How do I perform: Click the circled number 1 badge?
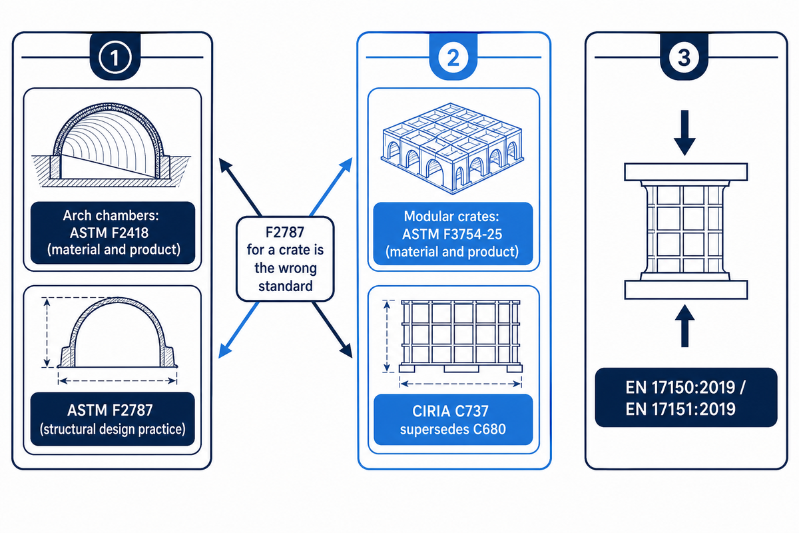point(115,57)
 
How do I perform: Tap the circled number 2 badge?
point(453,57)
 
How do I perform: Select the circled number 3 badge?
point(684,57)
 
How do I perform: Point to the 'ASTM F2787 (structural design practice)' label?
point(113,419)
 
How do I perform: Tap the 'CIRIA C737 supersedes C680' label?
point(453,420)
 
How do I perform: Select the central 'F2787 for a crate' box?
point(285,259)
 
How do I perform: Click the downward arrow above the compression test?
point(684,133)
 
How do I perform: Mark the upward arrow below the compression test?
point(684,326)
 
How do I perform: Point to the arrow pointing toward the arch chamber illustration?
point(240,187)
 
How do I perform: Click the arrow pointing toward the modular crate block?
point(331,187)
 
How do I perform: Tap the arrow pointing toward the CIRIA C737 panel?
point(332,330)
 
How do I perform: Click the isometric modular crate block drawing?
point(452,149)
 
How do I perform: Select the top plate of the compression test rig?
point(686,172)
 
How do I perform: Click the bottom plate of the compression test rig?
point(686,290)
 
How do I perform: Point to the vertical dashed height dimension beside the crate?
point(387,336)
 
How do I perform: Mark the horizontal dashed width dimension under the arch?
point(117,381)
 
